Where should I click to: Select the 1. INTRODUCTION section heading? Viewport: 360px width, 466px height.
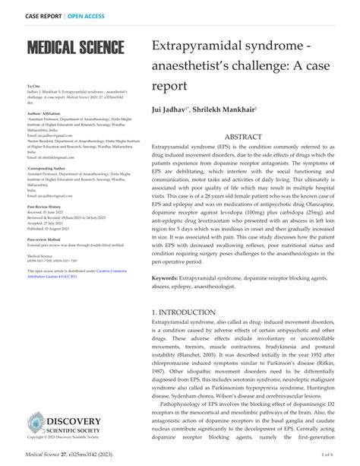point(188,312)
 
